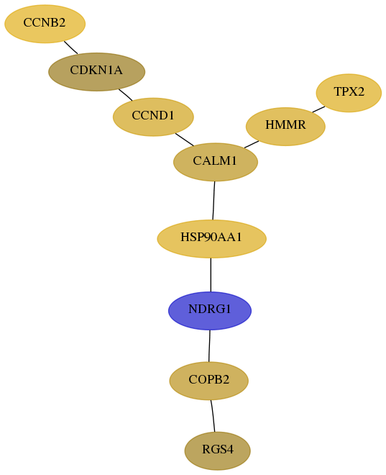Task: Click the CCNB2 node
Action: [45, 24]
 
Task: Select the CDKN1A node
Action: [97, 72]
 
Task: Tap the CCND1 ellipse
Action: [153, 117]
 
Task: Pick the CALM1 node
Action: [216, 162]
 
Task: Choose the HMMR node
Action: [285, 127]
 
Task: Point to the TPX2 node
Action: [349, 93]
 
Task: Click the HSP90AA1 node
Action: [212, 239]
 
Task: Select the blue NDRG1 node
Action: [210, 310]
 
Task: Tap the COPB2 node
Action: [208, 381]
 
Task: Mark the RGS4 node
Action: [218, 451]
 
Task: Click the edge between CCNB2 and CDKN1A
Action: [70, 47]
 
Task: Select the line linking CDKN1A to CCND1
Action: [125, 94]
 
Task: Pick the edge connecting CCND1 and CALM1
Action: [185, 140]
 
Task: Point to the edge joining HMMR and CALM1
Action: [252, 145]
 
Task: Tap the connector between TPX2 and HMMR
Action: [318, 109]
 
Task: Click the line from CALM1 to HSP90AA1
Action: [213, 201]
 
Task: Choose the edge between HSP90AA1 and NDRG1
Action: [211, 275]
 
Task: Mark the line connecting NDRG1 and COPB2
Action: [209, 345]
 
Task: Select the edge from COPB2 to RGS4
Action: [213, 416]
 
